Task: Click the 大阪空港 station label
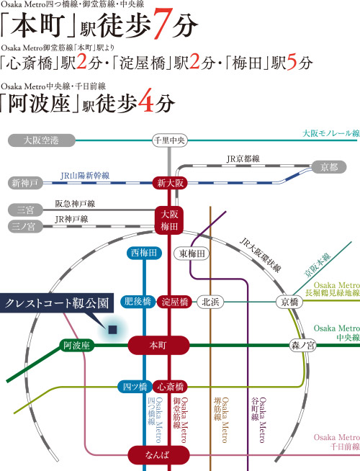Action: (x=42, y=140)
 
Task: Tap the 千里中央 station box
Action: (x=170, y=140)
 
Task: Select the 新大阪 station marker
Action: (x=170, y=183)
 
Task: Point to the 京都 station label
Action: (x=329, y=167)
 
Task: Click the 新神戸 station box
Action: (x=25, y=183)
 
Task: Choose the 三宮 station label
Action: (x=25, y=210)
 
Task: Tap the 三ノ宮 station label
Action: (x=25, y=226)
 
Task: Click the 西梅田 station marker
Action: (x=144, y=253)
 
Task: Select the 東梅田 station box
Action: (x=192, y=254)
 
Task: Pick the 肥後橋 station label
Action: (x=138, y=301)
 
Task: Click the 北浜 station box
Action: (x=210, y=302)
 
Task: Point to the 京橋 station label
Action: (x=289, y=302)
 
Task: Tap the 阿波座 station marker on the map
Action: (x=76, y=345)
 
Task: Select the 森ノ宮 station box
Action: (x=302, y=345)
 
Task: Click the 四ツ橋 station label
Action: (x=135, y=387)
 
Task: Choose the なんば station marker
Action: (x=158, y=454)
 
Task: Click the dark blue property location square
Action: (x=112, y=330)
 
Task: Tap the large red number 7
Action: (x=163, y=24)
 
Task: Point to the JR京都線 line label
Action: (x=243, y=159)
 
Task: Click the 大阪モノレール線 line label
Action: (x=331, y=133)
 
